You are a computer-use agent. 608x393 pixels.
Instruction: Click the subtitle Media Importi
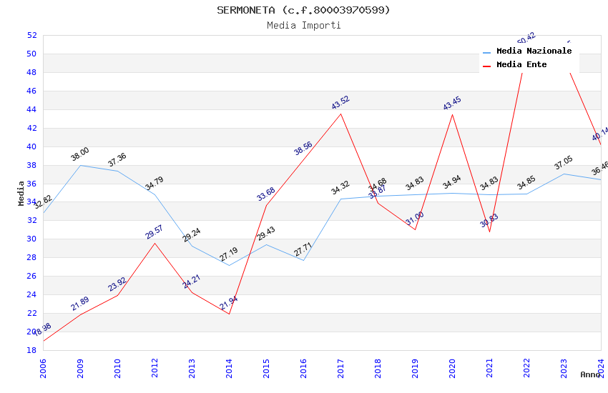click(x=303, y=26)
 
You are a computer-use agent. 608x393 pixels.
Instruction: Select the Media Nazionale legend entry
click(x=534, y=51)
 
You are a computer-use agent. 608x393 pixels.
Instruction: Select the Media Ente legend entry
click(x=521, y=65)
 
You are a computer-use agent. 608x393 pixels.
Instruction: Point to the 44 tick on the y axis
click(x=31, y=109)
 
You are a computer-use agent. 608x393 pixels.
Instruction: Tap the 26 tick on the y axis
click(x=31, y=276)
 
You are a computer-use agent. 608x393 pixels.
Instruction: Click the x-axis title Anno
click(x=590, y=374)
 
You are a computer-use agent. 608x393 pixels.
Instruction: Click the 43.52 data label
click(x=340, y=103)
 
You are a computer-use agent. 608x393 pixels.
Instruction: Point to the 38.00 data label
click(x=80, y=154)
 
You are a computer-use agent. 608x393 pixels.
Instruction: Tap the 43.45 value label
click(x=452, y=104)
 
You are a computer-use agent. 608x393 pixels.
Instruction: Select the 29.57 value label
click(x=155, y=232)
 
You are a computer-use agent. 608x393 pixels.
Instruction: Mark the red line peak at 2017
click(x=340, y=114)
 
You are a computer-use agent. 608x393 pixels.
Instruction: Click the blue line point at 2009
click(x=80, y=165)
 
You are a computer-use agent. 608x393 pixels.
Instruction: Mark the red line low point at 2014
click(x=229, y=314)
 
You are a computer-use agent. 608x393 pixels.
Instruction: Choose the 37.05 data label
click(x=564, y=164)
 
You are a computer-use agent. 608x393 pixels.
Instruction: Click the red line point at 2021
click(x=489, y=232)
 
